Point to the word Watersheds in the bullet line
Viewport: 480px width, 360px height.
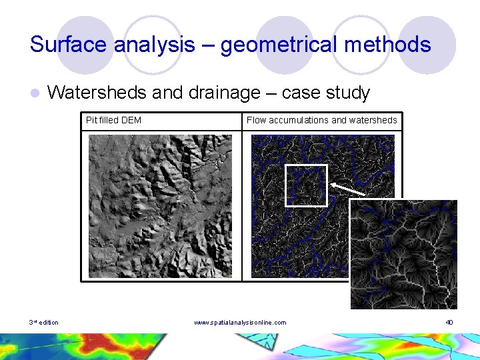(x=97, y=93)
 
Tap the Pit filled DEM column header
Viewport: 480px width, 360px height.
(x=113, y=121)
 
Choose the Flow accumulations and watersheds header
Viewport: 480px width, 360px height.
(x=321, y=121)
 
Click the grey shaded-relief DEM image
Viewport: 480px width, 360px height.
(x=161, y=205)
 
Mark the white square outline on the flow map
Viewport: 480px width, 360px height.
(x=306, y=185)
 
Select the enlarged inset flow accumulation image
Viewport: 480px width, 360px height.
(x=403, y=254)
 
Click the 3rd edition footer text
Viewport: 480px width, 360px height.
(x=44, y=323)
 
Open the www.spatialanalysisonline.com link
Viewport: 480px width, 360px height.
(x=240, y=323)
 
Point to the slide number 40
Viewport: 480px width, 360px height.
(x=449, y=323)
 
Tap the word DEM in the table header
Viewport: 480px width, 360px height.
(x=132, y=121)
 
